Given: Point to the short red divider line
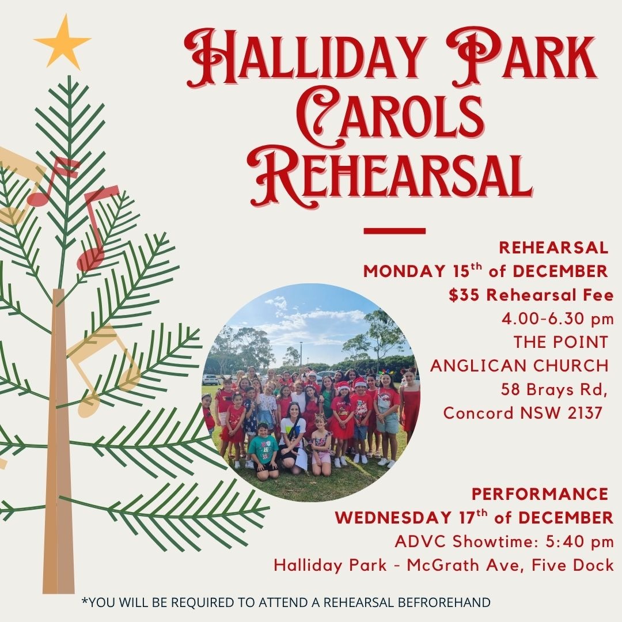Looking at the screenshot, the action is tap(395, 231).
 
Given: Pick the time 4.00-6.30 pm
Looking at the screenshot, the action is tap(557, 319).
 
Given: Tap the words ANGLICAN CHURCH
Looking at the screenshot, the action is tap(519, 366).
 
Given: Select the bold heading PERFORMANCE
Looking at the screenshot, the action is tap(540, 494).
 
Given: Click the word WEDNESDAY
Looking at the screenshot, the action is tap(393, 518).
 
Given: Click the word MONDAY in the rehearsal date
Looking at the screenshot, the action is tap(404, 271).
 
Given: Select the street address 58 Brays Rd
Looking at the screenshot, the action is tap(554, 389).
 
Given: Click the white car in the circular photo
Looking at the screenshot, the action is tap(210, 379).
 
